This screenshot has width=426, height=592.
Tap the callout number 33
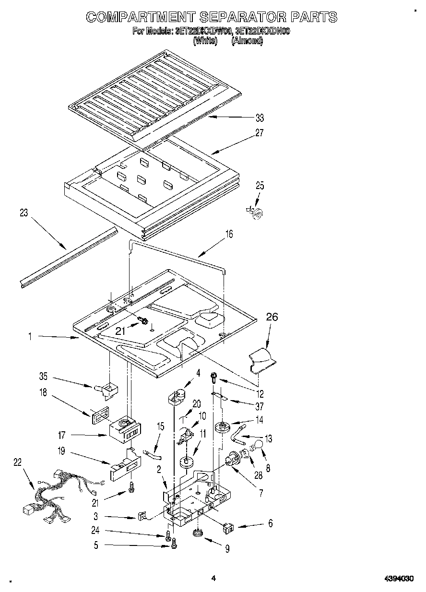pyautogui.click(x=260, y=118)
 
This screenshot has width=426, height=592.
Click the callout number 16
pyautogui.click(x=229, y=234)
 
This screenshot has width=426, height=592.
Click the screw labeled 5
pyautogui.click(x=174, y=544)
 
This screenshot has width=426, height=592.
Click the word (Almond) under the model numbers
pyautogui.click(x=247, y=41)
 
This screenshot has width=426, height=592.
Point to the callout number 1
pyautogui.click(x=30, y=337)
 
